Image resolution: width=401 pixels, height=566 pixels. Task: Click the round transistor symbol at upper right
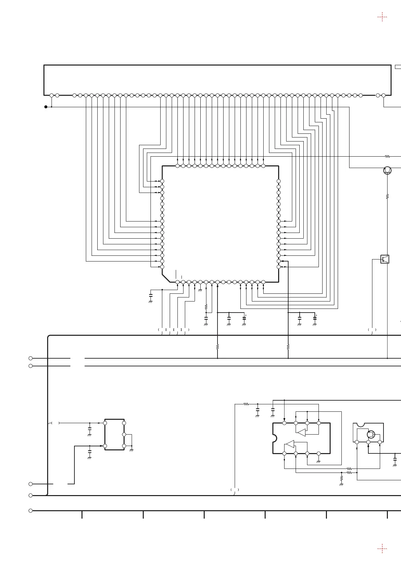pos(387,170)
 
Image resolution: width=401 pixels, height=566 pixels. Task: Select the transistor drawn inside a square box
pos(385,259)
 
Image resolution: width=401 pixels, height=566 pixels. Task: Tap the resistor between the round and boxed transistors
pos(387,196)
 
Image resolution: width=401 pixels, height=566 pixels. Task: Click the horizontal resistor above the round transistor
pos(387,156)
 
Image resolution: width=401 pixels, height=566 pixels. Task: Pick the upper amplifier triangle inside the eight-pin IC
pos(301,432)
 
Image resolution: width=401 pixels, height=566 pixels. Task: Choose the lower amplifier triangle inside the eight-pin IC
pos(290,444)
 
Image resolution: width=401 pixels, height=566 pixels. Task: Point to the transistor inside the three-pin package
pos(371,434)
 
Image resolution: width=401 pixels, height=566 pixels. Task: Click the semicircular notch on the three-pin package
pos(360,424)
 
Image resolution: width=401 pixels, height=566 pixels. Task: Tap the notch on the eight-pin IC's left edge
pos(274,438)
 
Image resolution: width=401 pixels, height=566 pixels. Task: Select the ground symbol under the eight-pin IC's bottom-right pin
pos(319,461)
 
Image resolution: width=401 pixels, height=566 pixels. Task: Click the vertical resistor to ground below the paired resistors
pos(341,478)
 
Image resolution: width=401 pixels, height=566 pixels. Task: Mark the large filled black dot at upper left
pos(46,107)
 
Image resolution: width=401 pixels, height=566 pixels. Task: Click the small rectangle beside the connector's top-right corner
pos(398,67)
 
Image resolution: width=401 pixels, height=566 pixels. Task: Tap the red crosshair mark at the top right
pos(382,17)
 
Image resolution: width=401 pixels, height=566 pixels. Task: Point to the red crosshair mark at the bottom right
pos(382,549)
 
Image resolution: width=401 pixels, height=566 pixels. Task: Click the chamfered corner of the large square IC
pos(166,278)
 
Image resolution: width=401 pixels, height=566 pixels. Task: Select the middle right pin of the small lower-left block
pos(124,435)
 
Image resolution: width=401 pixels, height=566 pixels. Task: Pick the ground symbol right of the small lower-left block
pos(131,450)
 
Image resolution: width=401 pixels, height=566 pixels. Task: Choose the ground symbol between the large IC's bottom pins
pos(200,290)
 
